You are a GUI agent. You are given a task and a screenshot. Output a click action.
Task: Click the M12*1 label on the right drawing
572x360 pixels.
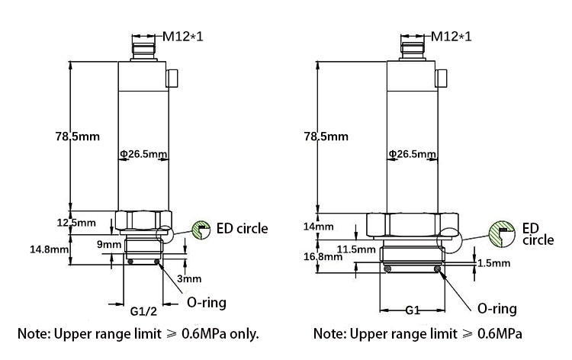click(x=451, y=36)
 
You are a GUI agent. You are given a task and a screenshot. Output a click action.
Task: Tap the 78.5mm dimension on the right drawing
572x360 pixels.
click(x=326, y=137)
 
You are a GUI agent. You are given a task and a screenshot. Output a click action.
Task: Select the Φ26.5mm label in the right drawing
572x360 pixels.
click(x=412, y=154)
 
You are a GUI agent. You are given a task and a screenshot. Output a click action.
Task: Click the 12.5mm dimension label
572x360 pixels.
click(x=77, y=223)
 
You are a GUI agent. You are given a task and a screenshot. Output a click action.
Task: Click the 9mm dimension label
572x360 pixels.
click(x=109, y=244)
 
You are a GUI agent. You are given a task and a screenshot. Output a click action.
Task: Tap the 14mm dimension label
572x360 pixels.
click(x=319, y=227)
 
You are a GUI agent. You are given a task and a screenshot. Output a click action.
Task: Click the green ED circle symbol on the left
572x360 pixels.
click(x=201, y=228)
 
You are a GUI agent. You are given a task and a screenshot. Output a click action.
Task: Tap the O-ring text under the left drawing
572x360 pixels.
click(x=207, y=303)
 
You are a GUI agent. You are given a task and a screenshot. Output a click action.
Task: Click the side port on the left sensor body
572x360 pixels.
click(x=172, y=78)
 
